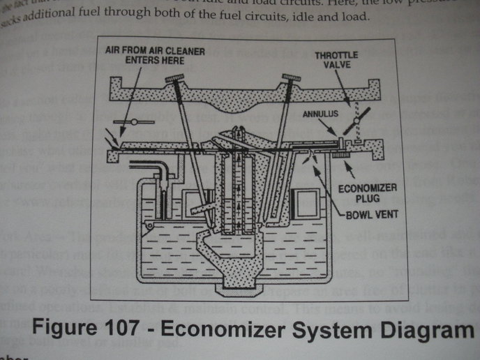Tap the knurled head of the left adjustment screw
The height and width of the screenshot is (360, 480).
click(x=175, y=81)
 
